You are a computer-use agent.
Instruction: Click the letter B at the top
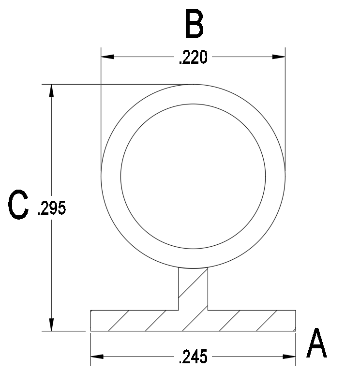tap(195, 24)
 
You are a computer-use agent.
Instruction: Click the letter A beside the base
tap(317, 343)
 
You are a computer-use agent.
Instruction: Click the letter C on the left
tap(18, 204)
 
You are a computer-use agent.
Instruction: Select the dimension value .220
tap(193, 57)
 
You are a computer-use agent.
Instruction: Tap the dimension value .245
tap(193, 357)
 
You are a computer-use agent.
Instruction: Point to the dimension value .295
tap(51, 208)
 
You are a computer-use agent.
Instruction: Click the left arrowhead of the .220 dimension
tap(107, 57)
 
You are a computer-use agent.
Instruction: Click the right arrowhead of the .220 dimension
tap(279, 57)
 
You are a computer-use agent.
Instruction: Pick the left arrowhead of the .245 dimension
tap(97, 357)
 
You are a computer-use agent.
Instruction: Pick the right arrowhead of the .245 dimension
tap(289, 357)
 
